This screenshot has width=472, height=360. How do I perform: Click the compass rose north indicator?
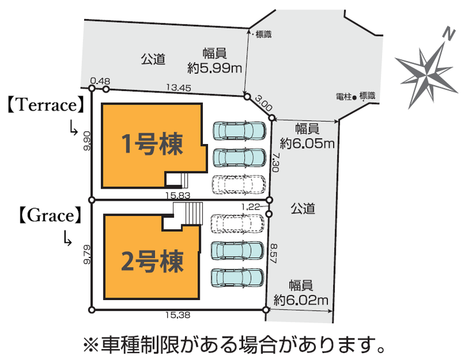pos(427,67)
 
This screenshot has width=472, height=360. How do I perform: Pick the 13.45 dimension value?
pos(177,88)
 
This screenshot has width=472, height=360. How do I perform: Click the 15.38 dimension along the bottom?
pos(178,314)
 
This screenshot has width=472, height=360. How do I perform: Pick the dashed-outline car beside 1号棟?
pos(238,184)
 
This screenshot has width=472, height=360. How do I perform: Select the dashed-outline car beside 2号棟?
pos(237,224)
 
